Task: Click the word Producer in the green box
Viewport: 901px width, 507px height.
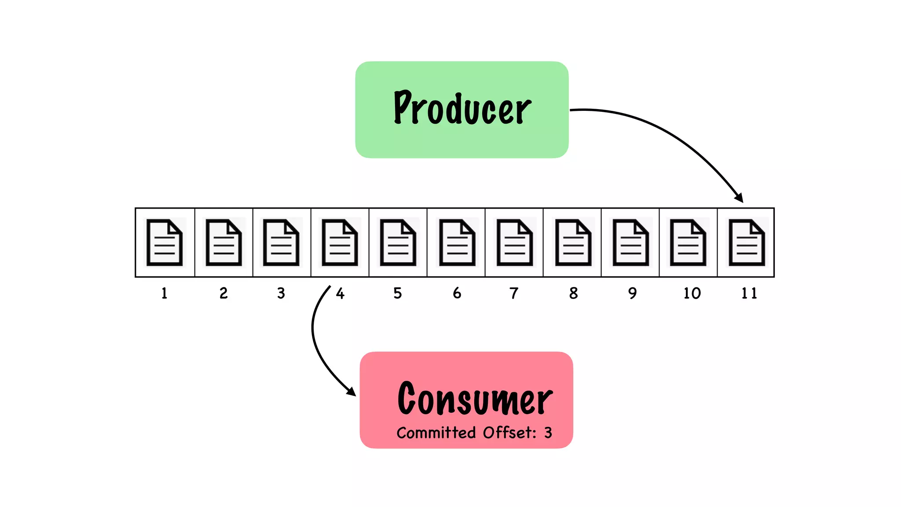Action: pyautogui.click(x=462, y=108)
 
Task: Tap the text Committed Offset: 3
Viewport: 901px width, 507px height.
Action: pyautogui.click(x=474, y=433)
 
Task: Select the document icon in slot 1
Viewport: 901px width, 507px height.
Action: pyautogui.click(x=165, y=242)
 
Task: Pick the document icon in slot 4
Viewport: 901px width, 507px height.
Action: pyautogui.click(x=340, y=242)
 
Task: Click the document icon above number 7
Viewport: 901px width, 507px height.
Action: pyautogui.click(x=514, y=242)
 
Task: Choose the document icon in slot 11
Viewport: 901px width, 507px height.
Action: pyautogui.click(x=747, y=242)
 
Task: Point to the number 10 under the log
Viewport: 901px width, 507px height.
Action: pyautogui.click(x=692, y=293)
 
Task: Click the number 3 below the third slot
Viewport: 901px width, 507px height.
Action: pyautogui.click(x=281, y=293)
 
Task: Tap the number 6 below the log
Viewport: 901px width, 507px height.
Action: pyautogui.click(x=457, y=293)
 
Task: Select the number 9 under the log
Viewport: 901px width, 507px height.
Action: pyautogui.click(x=632, y=293)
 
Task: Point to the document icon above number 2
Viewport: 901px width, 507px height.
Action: pyautogui.click(x=223, y=242)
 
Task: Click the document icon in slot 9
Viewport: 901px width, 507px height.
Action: pyautogui.click(x=630, y=242)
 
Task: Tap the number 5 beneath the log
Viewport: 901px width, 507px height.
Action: pyautogui.click(x=398, y=293)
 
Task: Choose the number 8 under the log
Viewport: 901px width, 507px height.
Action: pyautogui.click(x=573, y=293)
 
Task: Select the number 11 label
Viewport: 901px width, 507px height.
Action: pyautogui.click(x=749, y=293)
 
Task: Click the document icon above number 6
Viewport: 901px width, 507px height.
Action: pyautogui.click(x=457, y=242)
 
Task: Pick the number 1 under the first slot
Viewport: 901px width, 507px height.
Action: pyautogui.click(x=164, y=293)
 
